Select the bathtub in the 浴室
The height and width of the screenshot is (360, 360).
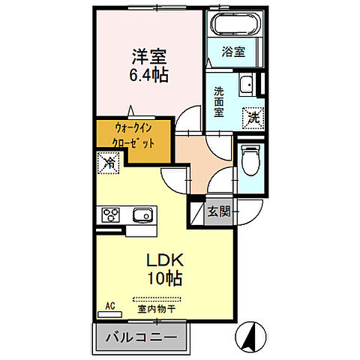pyautogui.click(x=235, y=25)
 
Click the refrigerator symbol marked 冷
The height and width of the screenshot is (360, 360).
pyautogui.click(x=108, y=161)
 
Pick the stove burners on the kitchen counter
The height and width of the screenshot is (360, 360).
pyautogui.click(x=112, y=216)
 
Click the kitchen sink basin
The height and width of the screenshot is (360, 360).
pyautogui.click(x=142, y=216)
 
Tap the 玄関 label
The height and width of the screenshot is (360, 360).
pyautogui.click(x=218, y=211)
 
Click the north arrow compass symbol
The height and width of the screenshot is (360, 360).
pyautogui.click(x=251, y=337)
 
